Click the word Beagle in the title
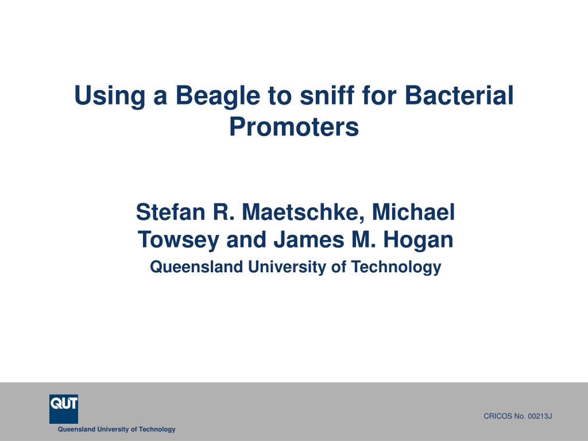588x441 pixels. (218, 96)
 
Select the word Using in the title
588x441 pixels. (110, 96)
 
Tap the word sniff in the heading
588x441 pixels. (327, 95)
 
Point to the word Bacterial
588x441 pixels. (459, 95)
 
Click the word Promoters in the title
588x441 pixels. (294, 126)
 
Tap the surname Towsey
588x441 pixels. (178, 240)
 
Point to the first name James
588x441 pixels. (308, 239)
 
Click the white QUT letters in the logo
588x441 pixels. (64, 404)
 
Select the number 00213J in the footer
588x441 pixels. (540, 416)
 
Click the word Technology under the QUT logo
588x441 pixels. (157, 430)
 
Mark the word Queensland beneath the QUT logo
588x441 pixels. (76, 430)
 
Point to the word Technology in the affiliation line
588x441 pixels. (396, 267)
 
